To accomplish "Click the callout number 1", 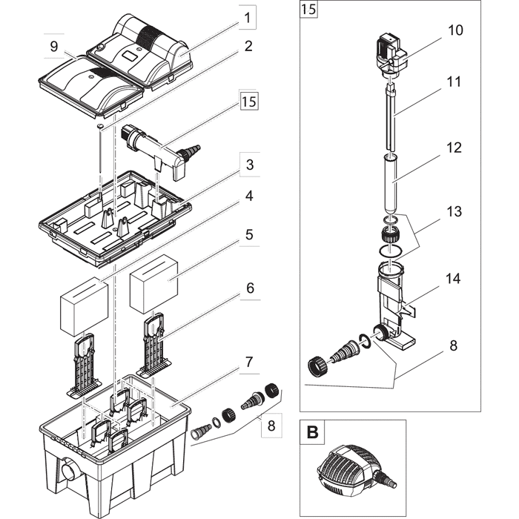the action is [x=247, y=18].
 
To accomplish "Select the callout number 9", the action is [x=54, y=46].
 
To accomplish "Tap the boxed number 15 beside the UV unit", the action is [x=249, y=102].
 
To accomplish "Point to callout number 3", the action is [x=250, y=165].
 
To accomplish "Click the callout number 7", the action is [x=249, y=362].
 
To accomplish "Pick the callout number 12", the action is [x=454, y=148].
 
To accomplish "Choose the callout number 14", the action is [x=453, y=279].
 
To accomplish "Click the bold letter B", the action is [x=312, y=432].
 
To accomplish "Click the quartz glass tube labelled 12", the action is [x=391, y=185].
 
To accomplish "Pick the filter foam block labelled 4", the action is [x=84, y=306].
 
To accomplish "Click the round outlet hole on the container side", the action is [x=70, y=472].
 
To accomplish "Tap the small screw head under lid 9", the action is [x=99, y=126].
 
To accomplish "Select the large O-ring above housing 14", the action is [x=391, y=251].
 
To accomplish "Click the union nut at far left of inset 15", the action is [x=318, y=366].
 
